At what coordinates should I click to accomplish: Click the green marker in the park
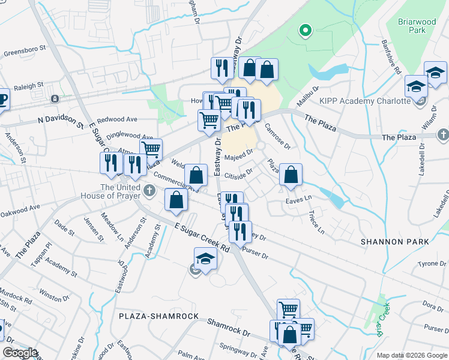(305, 30)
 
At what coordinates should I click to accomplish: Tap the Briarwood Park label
(417, 25)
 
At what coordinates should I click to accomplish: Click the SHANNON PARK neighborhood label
(395, 241)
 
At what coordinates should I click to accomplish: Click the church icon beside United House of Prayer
(150, 191)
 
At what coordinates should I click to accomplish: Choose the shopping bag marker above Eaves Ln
(291, 175)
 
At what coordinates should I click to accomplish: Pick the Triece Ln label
(315, 221)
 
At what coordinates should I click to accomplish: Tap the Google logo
(20, 353)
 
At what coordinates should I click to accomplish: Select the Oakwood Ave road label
(20, 211)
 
